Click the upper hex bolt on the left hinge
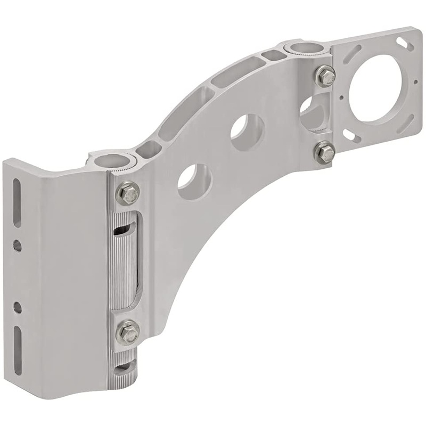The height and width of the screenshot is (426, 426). (127, 192)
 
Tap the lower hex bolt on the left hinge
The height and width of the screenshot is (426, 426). (127, 332)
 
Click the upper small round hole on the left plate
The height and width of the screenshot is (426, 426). (18, 245)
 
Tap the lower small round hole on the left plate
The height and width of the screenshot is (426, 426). (18, 307)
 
